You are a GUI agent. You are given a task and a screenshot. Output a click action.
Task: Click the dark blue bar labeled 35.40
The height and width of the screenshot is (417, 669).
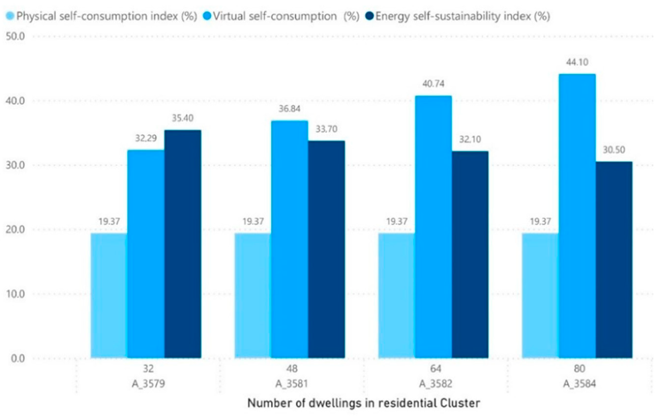click(x=182, y=244)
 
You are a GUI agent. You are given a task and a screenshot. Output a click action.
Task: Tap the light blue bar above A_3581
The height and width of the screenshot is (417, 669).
click(x=252, y=296)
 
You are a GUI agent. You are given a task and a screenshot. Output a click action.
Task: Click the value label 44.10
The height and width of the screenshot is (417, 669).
click(x=577, y=62)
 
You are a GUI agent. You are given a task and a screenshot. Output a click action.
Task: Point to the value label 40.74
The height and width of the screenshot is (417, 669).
click(x=433, y=84)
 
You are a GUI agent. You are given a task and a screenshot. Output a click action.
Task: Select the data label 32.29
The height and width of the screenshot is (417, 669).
click(x=146, y=138)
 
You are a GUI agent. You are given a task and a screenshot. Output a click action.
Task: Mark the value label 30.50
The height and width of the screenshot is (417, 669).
click(x=614, y=150)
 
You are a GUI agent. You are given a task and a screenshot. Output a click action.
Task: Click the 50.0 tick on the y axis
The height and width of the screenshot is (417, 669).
click(x=15, y=37)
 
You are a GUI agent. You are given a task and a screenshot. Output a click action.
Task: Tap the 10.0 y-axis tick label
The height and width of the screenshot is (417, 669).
click(x=15, y=294)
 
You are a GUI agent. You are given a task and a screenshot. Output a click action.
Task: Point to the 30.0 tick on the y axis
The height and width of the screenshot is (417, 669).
click(x=15, y=165)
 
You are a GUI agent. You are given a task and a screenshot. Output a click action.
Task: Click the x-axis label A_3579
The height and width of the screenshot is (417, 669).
click(x=148, y=384)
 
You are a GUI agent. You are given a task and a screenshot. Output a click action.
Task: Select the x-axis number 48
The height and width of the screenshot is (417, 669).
click(x=292, y=368)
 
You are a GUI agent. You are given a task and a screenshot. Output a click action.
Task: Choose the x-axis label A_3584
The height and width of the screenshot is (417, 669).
click(x=579, y=384)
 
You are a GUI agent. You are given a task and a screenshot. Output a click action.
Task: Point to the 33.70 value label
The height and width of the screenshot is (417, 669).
click(x=326, y=129)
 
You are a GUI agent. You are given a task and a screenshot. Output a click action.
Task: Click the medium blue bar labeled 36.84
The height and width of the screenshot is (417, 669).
click(x=289, y=239)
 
